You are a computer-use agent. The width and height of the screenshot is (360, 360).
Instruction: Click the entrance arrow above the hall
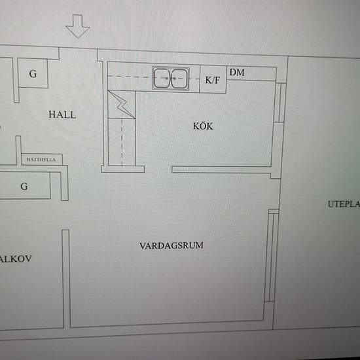pos(78,28)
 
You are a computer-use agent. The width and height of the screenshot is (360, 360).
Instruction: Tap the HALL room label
pos(62,115)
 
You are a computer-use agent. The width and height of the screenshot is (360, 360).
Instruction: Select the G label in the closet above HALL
pos(33,74)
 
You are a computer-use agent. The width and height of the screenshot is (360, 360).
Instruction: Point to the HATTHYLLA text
pos(40,159)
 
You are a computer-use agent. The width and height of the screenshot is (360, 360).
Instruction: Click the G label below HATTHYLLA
pos(24,187)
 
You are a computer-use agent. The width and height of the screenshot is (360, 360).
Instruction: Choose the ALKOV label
pos(16,259)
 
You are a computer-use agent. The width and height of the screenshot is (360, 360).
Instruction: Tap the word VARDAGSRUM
pos(171,245)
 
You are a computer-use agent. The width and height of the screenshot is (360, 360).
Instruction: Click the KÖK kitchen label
pos(203,126)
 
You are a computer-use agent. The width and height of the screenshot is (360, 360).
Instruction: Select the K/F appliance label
pos(213,81)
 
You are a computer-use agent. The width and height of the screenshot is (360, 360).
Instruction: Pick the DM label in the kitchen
pos(237,72)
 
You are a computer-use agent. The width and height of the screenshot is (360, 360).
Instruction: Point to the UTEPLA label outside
pos(343,204)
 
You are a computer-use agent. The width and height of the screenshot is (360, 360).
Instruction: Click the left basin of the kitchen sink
pos(162,79)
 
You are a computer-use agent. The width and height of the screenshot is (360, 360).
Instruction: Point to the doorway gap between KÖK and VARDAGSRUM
pos(158,170)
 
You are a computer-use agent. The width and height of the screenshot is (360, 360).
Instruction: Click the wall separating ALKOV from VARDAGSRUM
pos(66,278)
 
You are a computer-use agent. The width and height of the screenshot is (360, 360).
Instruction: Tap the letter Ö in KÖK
pos(203,126)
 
